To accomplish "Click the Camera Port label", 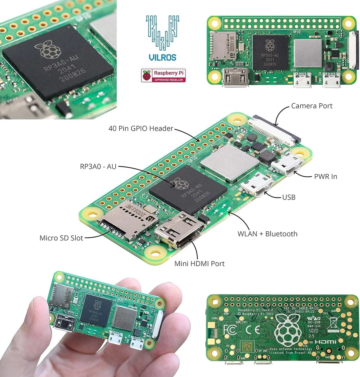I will (x=311, y=106).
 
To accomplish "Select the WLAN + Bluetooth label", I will (x=267, y=234).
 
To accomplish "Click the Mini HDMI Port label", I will (x=199, y=264).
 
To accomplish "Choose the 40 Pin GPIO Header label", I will (x=140, y=128).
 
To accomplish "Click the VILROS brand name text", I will (x=162, y=57).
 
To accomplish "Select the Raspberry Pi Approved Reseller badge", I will (x=163, y=75).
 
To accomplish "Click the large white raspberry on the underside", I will (x=289, y=329).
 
